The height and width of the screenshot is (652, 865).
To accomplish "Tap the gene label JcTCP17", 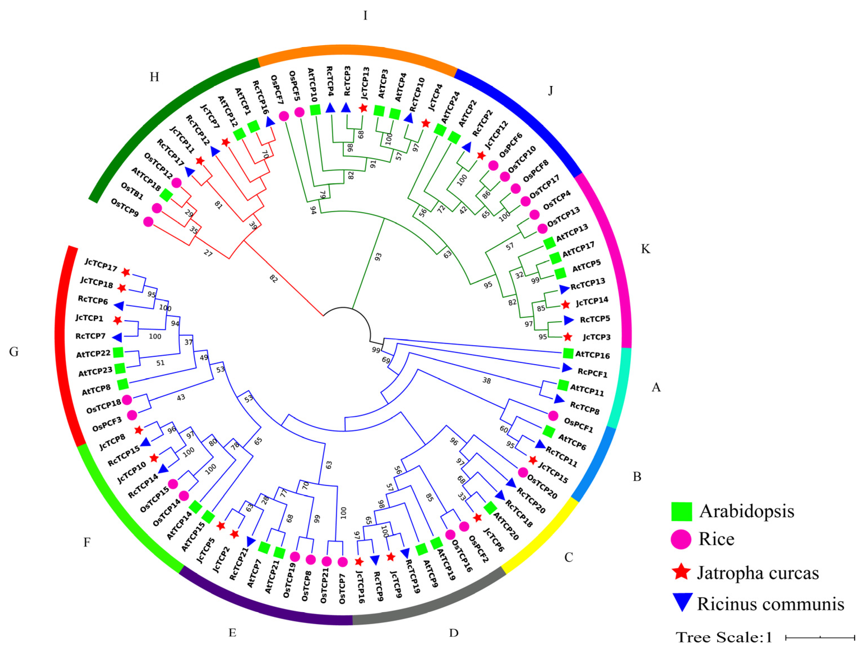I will pyautogui.click(x=101, y=265).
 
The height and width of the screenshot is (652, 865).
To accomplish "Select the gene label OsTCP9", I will pyautogui.click(x=125, y=208).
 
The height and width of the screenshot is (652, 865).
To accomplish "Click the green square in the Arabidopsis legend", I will pyautogui.click(x=682, y=512).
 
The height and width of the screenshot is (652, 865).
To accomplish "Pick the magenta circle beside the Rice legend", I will pyautogui.click(x=681, y=539).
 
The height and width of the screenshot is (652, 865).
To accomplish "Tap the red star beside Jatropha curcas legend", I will pyautogui.click(x=682, y=572).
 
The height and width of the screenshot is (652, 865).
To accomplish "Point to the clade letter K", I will pyautogui.click(x=646, y=249).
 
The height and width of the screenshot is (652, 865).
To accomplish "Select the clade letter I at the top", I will pyautogui.click(x=365, y=16).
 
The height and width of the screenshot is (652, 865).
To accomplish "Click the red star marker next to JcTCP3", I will pyautogui.click(x=567, y=337).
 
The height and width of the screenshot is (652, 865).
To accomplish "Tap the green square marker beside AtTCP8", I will pyautogui.click(x=123, y=384).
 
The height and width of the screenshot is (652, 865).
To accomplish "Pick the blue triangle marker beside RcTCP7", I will pyautogui.click(x=117, y=337).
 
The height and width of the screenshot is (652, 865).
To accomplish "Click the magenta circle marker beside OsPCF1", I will pyautogui.click(x=553, y=416).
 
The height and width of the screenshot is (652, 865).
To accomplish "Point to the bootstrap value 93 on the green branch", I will pyautogui.click(x=378, y=257).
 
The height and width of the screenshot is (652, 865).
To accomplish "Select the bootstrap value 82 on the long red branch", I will pyautogui.click(x=273, y=278).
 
